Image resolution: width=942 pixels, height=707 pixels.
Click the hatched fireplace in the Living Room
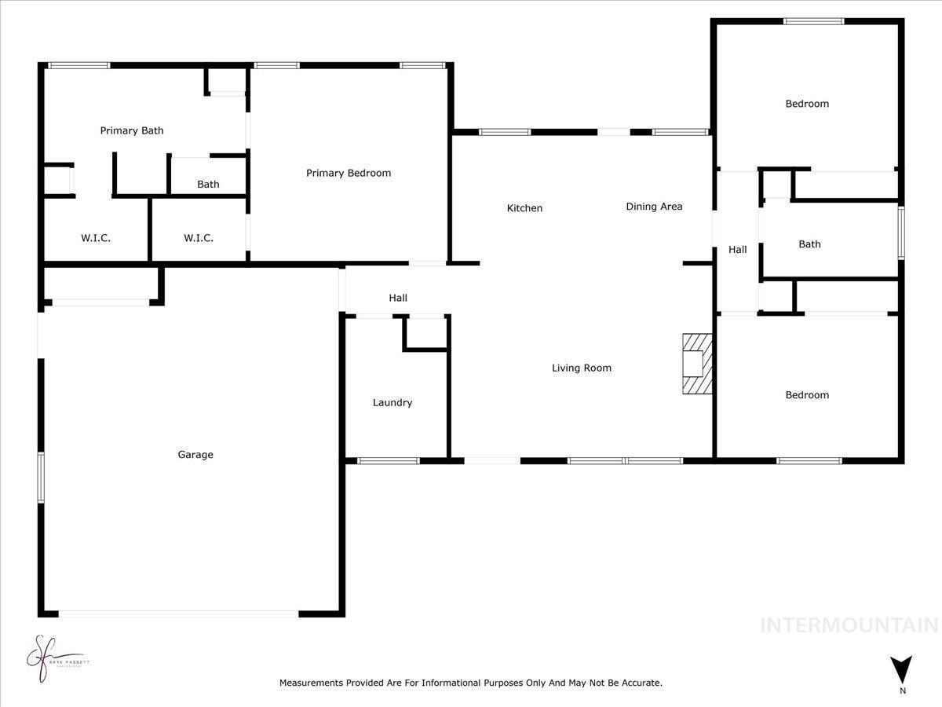point(696,364)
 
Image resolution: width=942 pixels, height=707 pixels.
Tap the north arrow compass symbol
point(902,670)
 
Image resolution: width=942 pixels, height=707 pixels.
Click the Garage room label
point(195,454)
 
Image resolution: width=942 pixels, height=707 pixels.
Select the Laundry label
point(392,402)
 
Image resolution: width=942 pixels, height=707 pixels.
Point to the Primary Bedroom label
point(349,173)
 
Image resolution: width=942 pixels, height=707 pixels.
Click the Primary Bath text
point(132,130)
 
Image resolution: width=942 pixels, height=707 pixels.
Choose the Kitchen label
point(524,208)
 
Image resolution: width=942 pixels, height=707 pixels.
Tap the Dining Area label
point(654,207)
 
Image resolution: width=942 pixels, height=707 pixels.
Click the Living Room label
point(581,368)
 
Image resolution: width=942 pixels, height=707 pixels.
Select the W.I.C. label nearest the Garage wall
point(96,238)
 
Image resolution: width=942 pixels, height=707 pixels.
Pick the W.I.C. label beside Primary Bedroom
point(199,238)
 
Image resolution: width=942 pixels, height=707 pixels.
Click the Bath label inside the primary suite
point(208,185)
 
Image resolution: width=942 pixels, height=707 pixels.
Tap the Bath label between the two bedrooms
point(809,244)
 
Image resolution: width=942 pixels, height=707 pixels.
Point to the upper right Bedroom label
point(807,104)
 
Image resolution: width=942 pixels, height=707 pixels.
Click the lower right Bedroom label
point(807,395)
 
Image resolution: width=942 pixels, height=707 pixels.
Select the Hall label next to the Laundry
point(398,298)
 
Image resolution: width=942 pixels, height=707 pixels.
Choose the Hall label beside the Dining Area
point(737,250)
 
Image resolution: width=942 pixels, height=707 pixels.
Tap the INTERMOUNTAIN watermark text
point(849,625)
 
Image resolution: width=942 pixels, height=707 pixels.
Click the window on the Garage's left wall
point(41,477)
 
